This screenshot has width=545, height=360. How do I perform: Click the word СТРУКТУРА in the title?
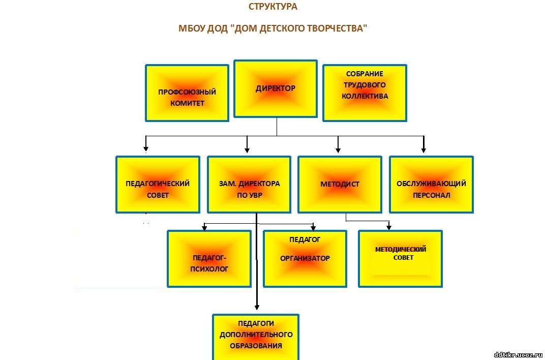(x=273, y=7)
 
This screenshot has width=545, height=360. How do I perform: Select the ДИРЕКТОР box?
(x=275, y=88)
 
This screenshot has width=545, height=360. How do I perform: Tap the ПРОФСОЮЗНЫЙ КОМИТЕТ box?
(x=187, y=93)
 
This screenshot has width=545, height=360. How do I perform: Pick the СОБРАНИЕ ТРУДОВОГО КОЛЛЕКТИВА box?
(x=365, y=93)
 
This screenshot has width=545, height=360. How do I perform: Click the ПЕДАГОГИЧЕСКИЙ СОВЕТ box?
(x=158, y=185)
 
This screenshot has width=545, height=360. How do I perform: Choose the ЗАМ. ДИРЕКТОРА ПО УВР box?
(x=249, y=185)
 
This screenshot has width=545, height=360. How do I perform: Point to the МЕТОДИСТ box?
(x=340, y=185)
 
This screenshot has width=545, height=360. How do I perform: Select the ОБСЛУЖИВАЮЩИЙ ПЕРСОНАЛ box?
(x=431, y=185)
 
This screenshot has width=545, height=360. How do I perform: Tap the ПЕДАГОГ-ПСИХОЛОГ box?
(x=209, y=259)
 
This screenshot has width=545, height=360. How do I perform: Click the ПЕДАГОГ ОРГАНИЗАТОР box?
(x=305, y=259)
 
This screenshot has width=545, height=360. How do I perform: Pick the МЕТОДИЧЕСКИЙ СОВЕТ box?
(x=401, y=259)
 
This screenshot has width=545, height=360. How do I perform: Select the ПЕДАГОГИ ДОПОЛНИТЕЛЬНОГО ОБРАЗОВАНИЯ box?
(x=255, y=337)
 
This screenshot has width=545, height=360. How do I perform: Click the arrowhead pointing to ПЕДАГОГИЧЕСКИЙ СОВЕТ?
(x=146, y=148)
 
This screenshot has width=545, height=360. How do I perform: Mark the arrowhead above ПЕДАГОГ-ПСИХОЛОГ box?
(x=204, y=228)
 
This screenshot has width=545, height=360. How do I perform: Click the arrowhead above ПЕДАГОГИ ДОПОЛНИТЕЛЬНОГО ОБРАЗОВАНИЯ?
(x=257, y=307)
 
